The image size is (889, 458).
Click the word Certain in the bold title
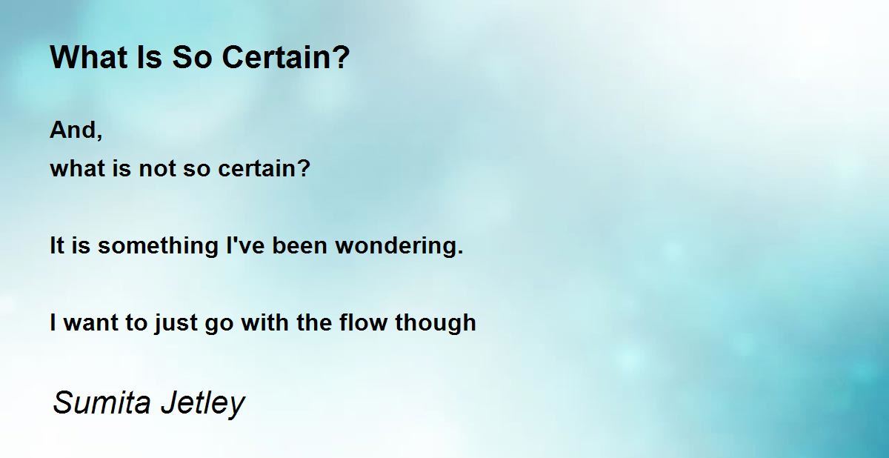click(x=279, y=57)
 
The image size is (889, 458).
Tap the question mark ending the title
click(x=342, y=57)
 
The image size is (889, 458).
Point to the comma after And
click(x=99, y=136)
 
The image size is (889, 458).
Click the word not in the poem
click(x=157, y=168)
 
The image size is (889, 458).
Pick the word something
click(x=158, y=246)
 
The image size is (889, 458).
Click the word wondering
click(x=396, y=246)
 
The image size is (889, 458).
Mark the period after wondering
click(x=460, y=252)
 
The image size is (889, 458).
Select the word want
click(x=91, y=322)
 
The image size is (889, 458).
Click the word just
click(x=176, y=323)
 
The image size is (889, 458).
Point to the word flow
click(x=363, y=322)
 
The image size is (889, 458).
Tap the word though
click(x=436, y=323)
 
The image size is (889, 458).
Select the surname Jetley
click(x=203, y=404)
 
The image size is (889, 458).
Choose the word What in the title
click(x=87, y=57)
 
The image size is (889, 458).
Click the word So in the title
click(x=192, y=57)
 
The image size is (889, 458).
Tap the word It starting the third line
click(x=57, y=245)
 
